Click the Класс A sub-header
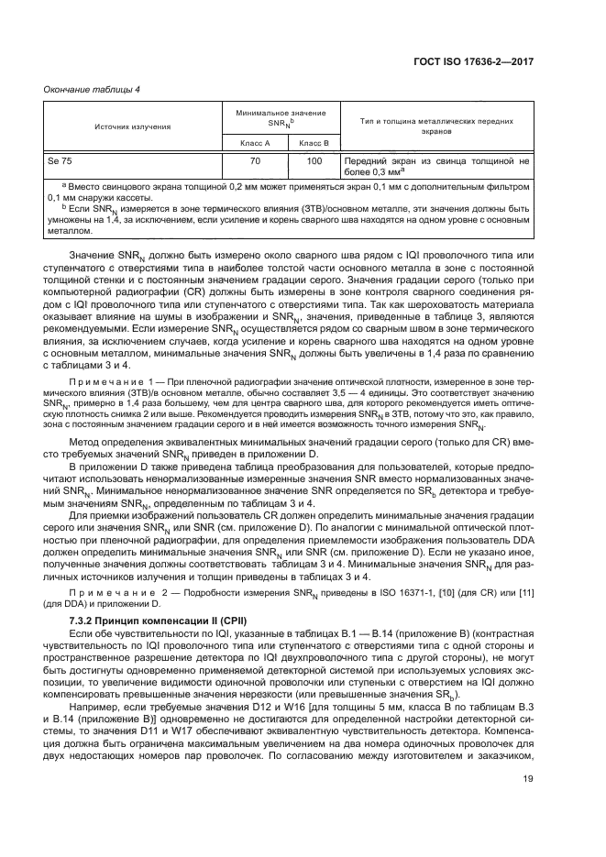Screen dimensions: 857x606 click(254, 143)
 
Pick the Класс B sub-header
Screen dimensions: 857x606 click(314, 143)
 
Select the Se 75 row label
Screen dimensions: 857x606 click(60, 160)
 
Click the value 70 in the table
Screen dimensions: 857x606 click(255, 160)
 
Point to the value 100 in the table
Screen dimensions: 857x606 click(314, 160)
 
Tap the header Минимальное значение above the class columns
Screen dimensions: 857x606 click(281, 113)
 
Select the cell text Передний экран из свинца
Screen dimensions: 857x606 click(414, 160)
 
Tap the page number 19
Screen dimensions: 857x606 click(526, 805)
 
